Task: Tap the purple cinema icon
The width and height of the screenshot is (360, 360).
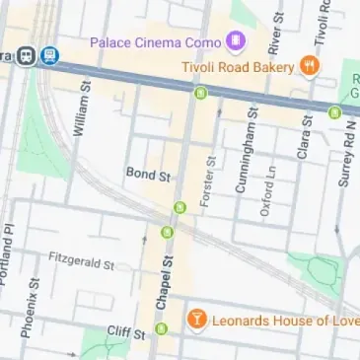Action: tap(234, 41)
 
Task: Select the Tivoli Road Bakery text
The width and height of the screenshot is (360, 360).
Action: tap(238, 67)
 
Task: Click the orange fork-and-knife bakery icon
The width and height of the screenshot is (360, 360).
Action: tap(310, 67)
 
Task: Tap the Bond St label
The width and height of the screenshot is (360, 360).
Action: tap(149, 174)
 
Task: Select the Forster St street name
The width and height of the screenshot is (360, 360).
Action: tap(209, 180)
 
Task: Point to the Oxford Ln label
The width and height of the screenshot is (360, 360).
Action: tap(265, 191)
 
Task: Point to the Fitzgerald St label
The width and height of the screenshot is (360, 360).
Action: tap(82, 260)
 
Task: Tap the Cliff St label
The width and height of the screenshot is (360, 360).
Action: tap(126, 332)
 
